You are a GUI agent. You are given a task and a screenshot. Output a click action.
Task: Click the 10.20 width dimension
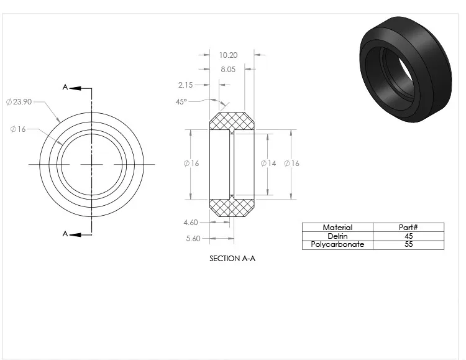228,55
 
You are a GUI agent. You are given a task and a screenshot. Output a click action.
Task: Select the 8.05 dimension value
228,69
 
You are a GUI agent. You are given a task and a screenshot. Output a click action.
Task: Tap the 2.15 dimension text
185,85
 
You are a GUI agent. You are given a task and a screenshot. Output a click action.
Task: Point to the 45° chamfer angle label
181,102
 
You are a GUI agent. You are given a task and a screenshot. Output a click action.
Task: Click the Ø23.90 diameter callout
19,102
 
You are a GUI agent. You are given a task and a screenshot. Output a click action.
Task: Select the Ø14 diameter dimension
268,164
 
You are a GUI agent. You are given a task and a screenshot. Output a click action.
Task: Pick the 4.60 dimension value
191,222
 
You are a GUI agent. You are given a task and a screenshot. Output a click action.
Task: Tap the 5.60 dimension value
193,238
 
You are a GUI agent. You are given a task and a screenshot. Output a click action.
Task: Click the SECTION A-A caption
232,258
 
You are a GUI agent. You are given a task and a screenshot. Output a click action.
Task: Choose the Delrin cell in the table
337,236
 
